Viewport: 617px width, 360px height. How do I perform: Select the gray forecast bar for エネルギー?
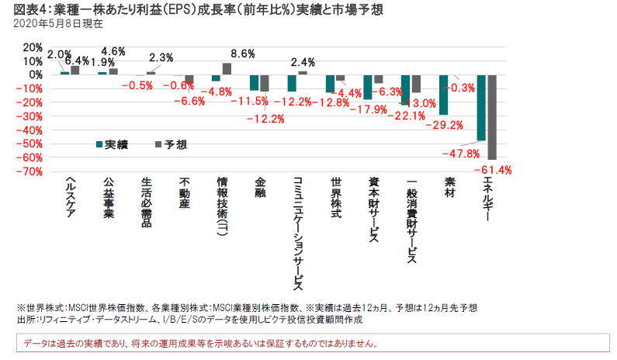(491, 117)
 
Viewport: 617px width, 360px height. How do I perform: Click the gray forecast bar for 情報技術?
(227, 68)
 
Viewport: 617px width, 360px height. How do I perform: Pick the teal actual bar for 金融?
(254, 82)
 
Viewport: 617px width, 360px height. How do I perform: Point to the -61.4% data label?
(497, 169)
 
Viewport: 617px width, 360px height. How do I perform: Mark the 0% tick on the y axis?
(35, 74)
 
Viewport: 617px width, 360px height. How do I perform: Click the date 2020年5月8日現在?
(49, 24)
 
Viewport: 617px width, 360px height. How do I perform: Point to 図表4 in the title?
(24, 9)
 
